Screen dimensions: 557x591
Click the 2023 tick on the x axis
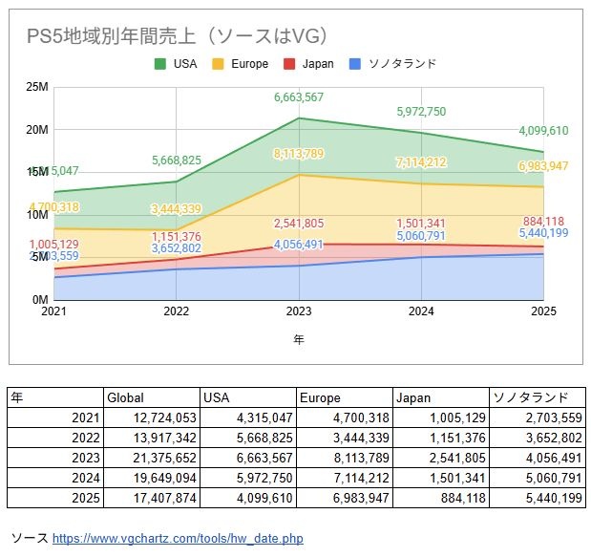(x=299, y=311)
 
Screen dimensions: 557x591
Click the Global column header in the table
(x=125, y=397)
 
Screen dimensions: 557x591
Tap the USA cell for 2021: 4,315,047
(x=261, y=418)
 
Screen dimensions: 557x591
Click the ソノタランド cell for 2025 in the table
(x=548, y=497)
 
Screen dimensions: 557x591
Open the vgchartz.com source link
(x=177, y=539)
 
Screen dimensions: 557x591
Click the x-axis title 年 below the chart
(x=299, y=339)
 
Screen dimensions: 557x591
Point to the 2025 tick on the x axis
(x=542, y=311)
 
